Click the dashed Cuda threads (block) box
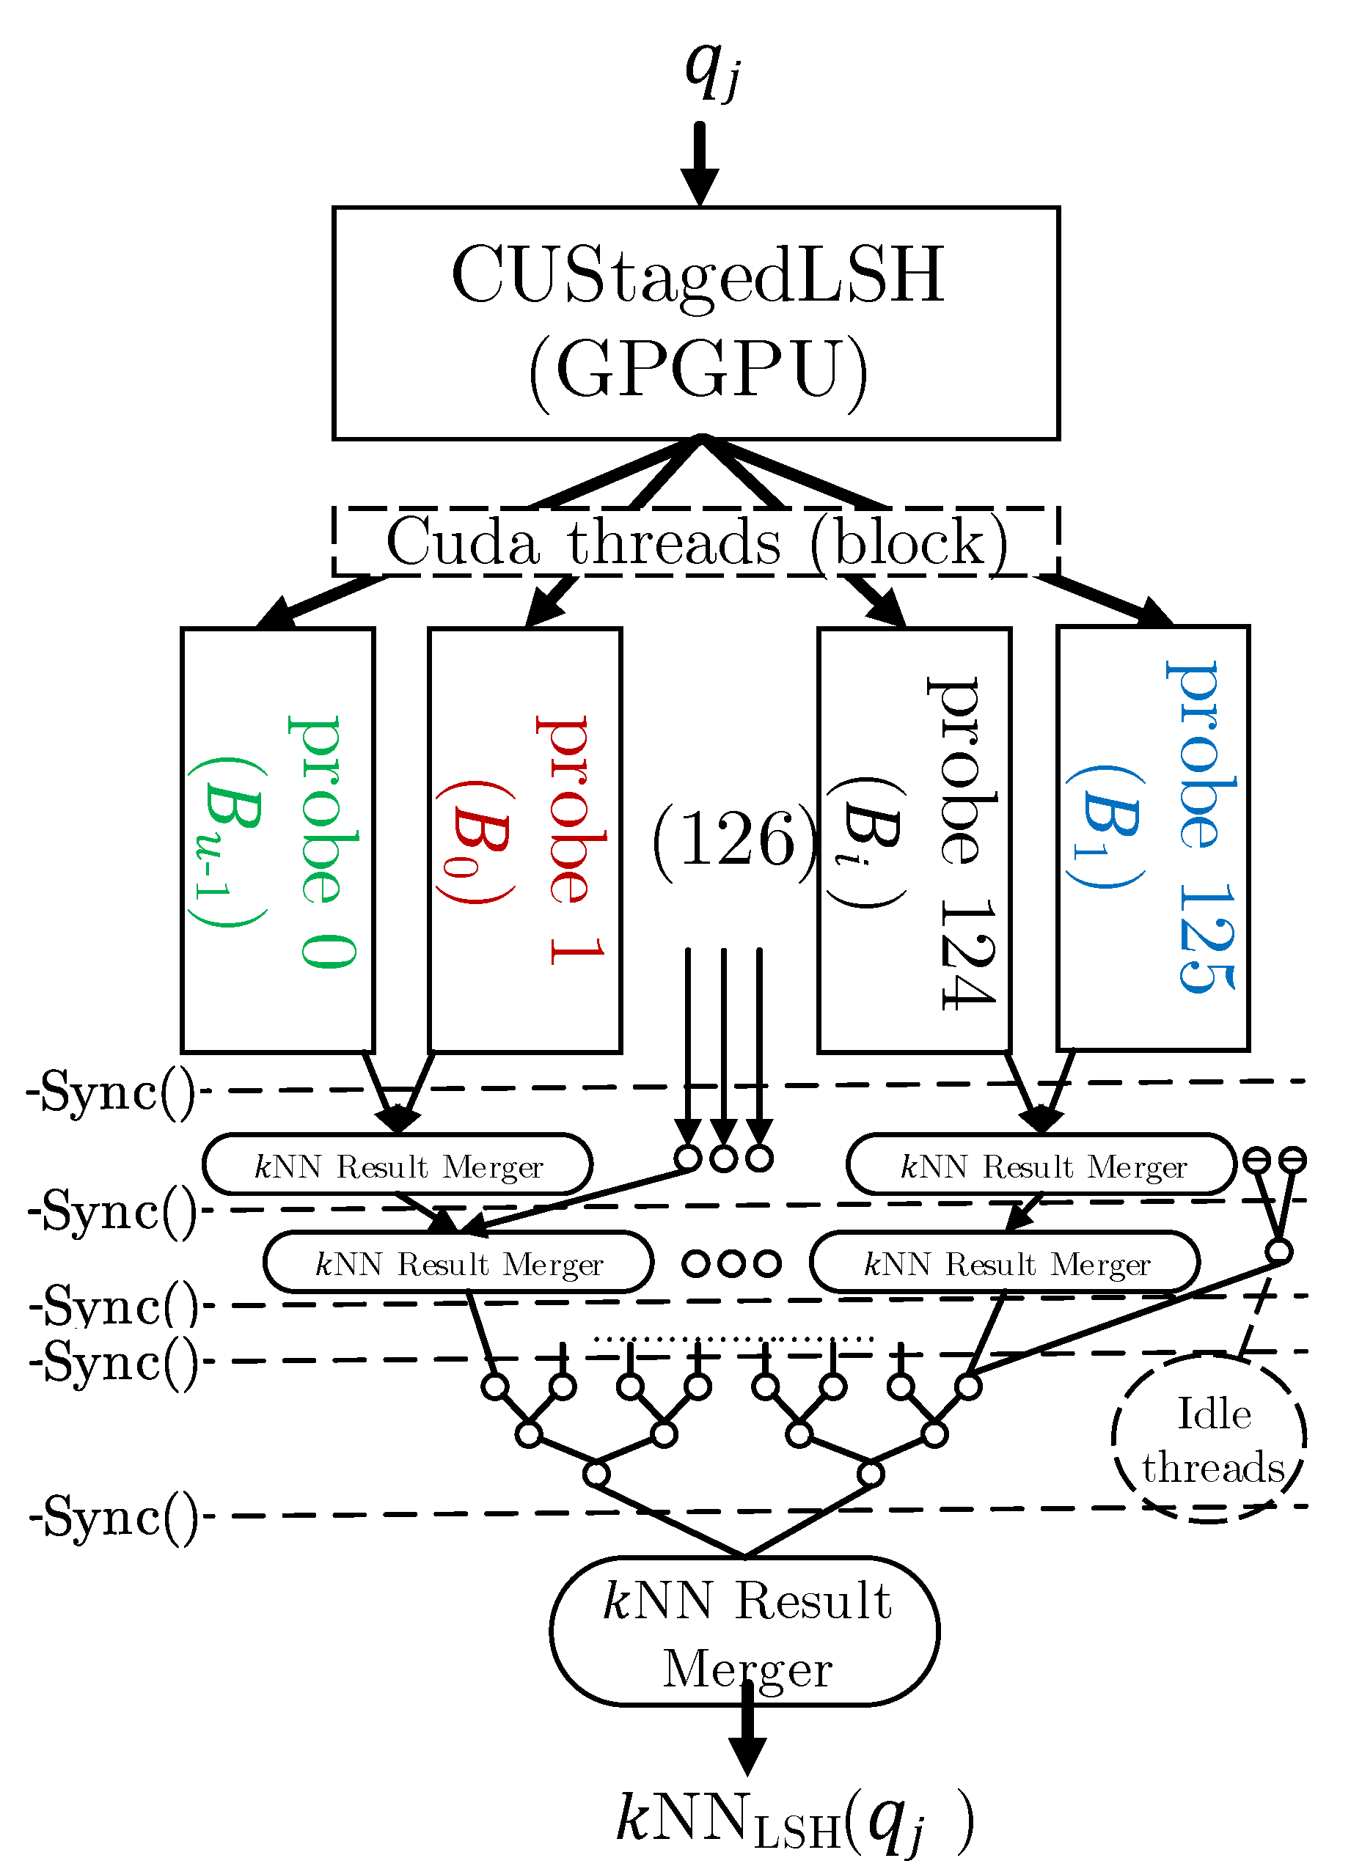coord(696,541)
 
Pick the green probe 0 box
coord(278,840)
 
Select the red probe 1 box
coord(524,840)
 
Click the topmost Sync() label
coord(111,1092)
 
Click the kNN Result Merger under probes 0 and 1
coord(398,1165)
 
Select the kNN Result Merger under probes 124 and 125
coord(1041,1165)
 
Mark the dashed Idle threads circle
coord(1209,1439)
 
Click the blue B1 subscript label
coord(1105,829)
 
